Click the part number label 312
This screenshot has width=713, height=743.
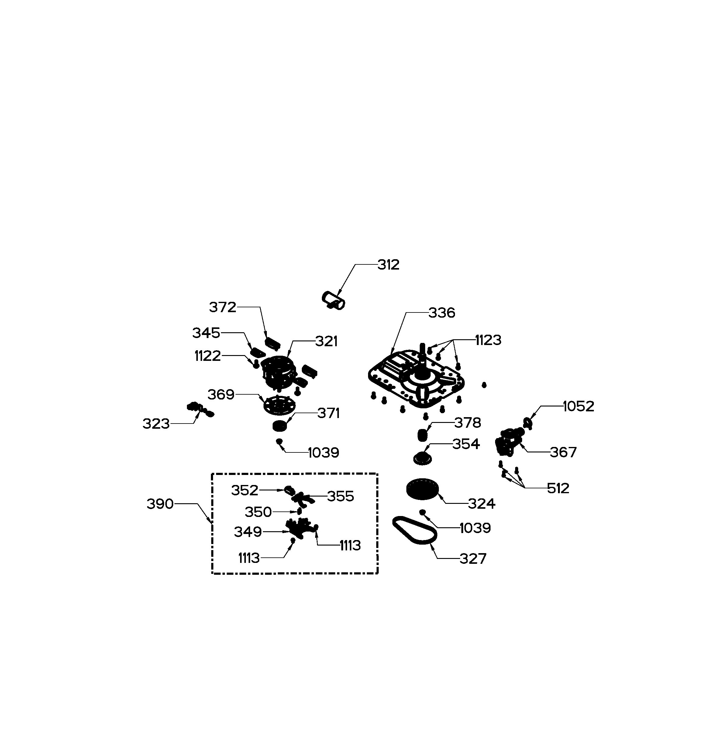point(388,265)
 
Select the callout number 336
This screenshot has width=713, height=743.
point(442,313)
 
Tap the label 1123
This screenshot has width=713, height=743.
point(488,340)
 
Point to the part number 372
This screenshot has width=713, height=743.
point(222,307)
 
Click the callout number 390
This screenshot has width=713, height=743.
point(160,504)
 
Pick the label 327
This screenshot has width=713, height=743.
point(473,559)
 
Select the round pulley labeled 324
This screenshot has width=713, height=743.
point(422,489)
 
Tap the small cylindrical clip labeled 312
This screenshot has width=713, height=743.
point(334,301)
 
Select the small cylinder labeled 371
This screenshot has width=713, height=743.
point(280,426)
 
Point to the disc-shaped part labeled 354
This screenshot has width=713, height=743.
point(422,458)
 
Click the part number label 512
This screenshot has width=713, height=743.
point(558,488)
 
